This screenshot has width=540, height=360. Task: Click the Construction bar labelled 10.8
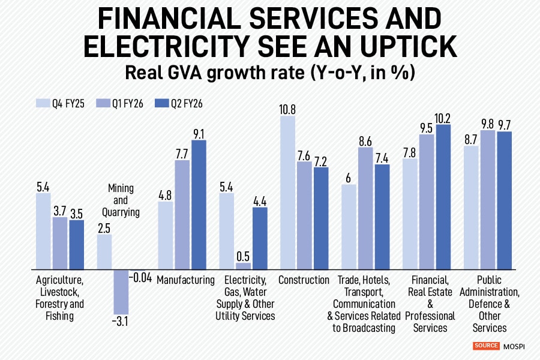(288, 193)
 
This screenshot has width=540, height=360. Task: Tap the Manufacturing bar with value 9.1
(199, 205)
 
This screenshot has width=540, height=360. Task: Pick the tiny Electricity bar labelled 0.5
(244, 266)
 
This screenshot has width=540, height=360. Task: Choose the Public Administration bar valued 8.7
(471, 207)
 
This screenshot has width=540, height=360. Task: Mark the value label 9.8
(487, 123)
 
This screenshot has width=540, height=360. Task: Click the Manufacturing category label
(186, 280)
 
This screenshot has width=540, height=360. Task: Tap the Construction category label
(304, 280)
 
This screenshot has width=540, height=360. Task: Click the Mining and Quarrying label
(121, 200)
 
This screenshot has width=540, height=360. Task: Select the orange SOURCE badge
(486, 346)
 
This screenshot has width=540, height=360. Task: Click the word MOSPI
(514, 346)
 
